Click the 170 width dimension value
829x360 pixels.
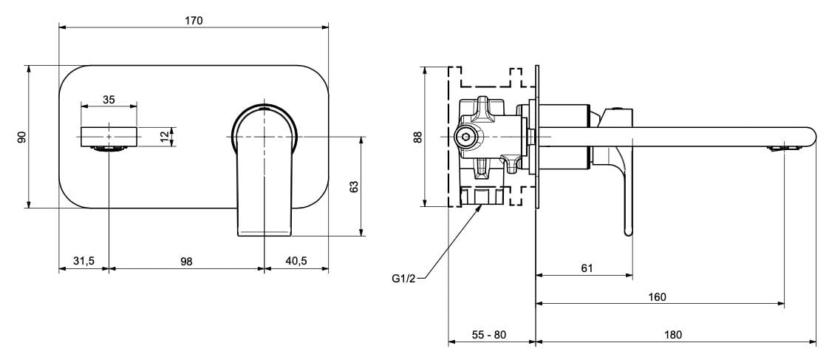click(x=193, y=21)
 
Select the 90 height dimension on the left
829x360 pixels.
click(x=21, y=137)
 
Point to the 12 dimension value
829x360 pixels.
click(x=163, y=136)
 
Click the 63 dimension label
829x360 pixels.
click(x=353, y=187)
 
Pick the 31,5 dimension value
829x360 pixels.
click(x=83, y=261)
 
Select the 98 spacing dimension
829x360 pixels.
click(x=186, y=261)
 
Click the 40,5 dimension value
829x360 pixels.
click(x=296, y=261)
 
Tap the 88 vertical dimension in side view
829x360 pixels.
click(x=417, y=137)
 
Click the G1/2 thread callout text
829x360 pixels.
click(x=404, y=279)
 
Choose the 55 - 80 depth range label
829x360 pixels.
click(x=489, y=334)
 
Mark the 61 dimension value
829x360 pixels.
click(x=587, y=268)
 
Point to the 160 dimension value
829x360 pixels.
click(x=657, y=296)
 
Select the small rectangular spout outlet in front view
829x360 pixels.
click(x=109, y=137)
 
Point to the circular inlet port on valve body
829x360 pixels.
click(x=465, y=137)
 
